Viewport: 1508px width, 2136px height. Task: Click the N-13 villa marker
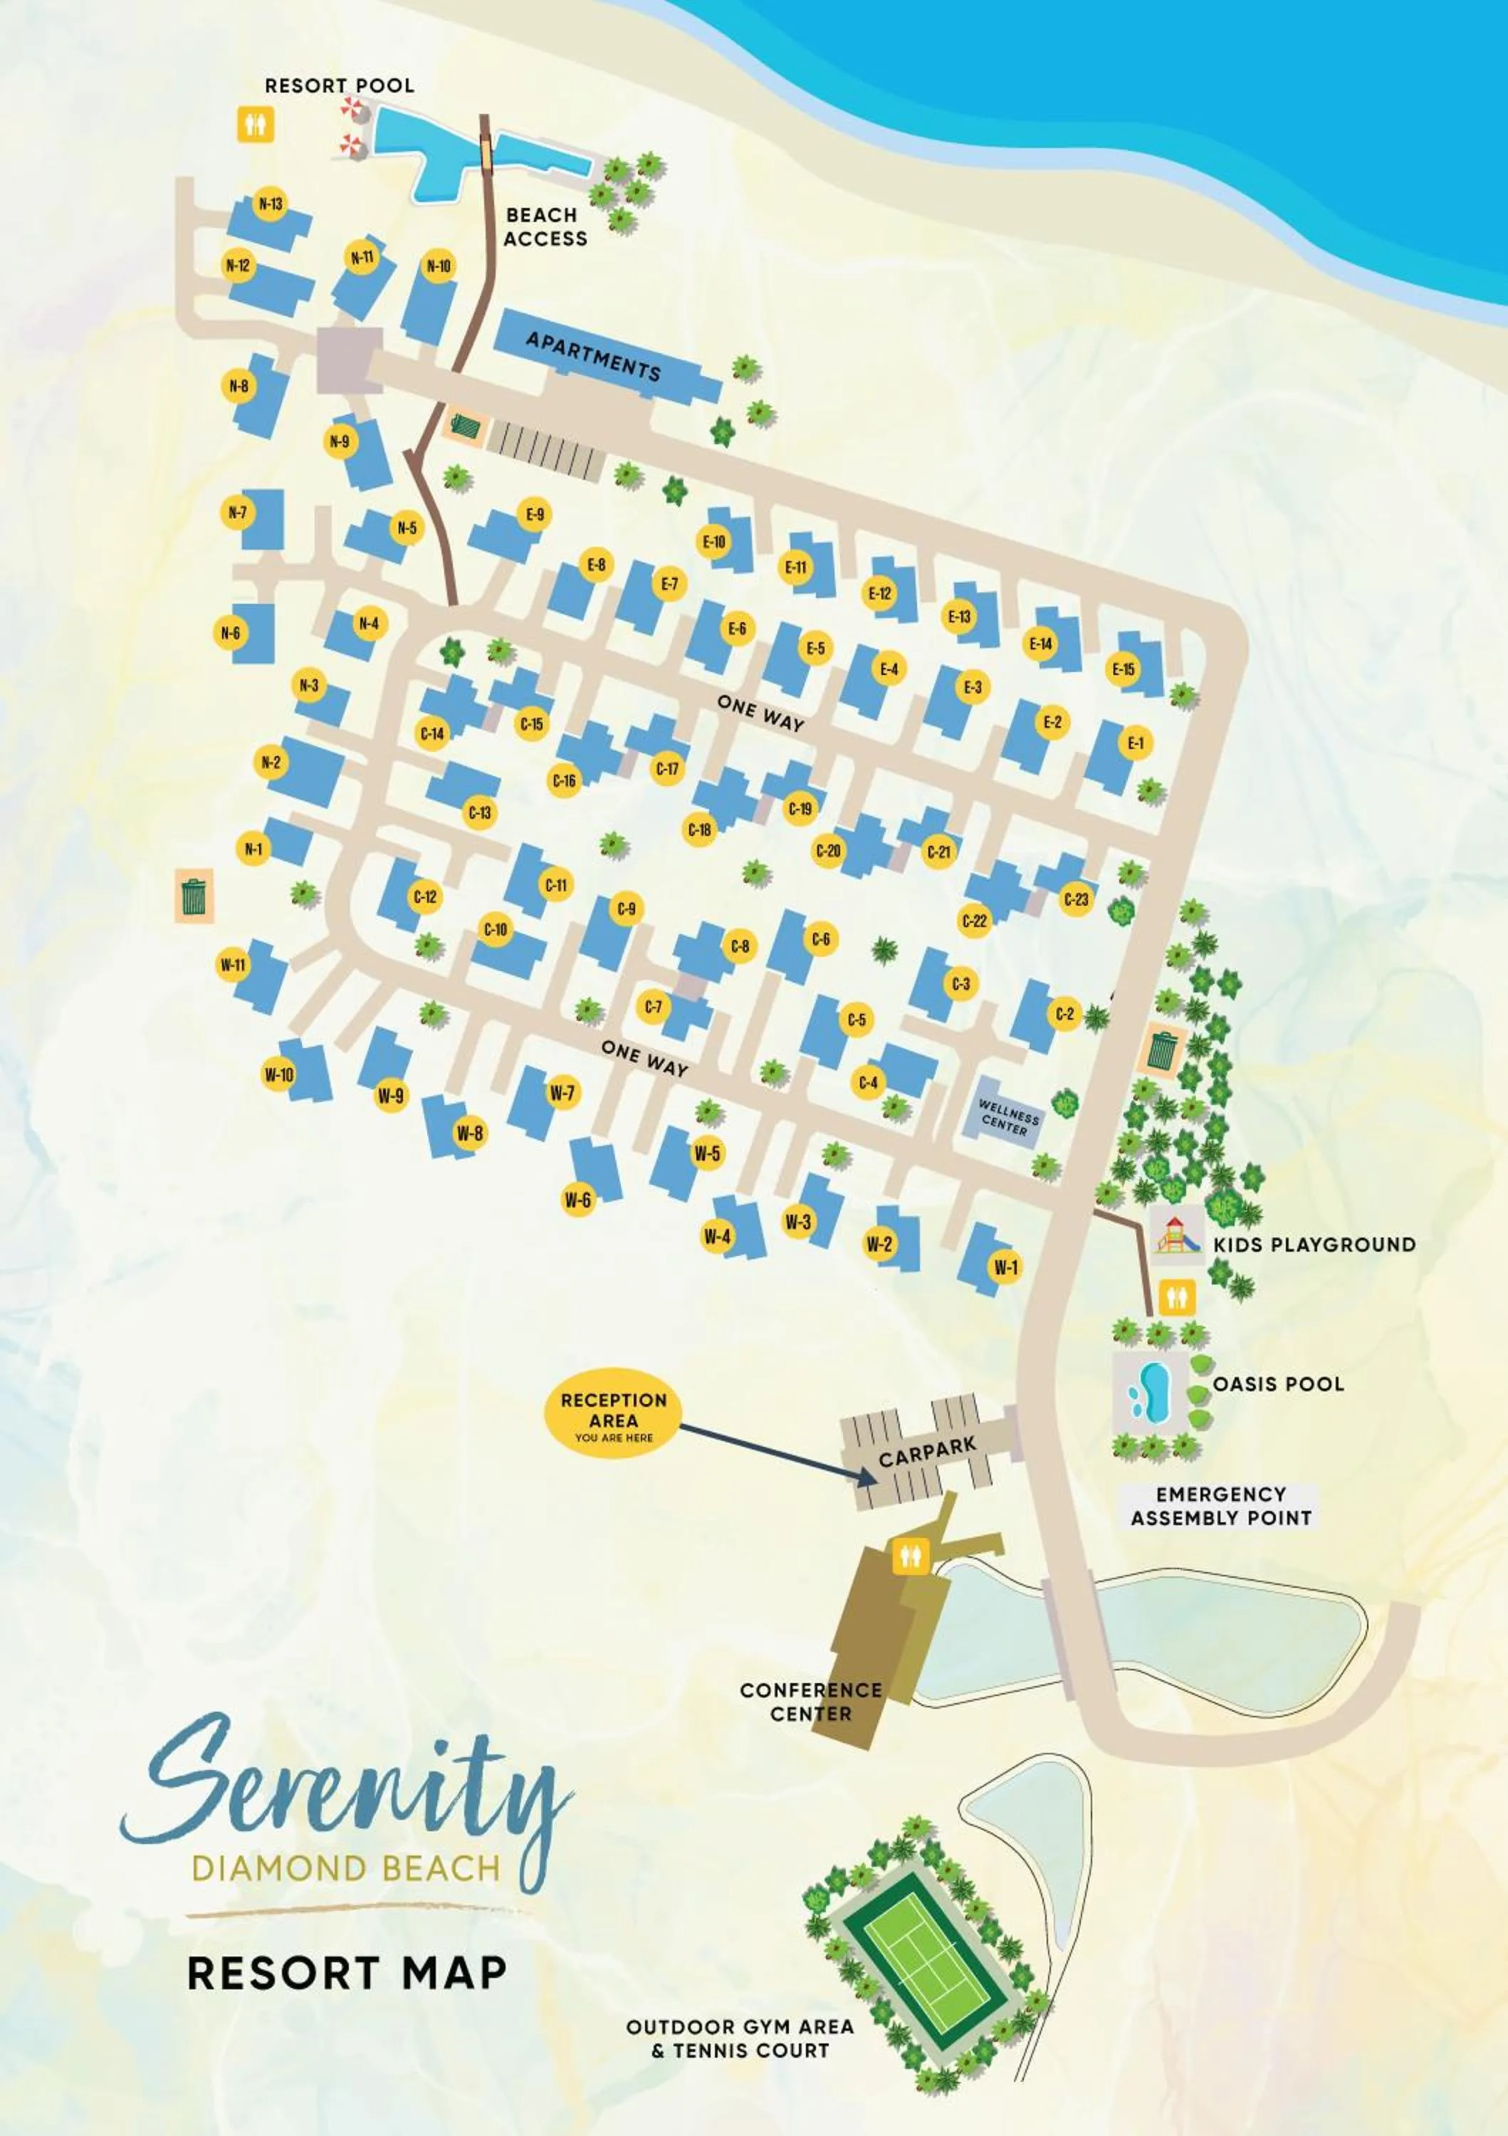271,204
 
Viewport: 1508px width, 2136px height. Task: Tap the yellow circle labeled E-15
1123,669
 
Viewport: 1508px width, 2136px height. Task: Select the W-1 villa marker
1005,1267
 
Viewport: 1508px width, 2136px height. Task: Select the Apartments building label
594,356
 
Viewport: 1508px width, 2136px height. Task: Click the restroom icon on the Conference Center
909,1556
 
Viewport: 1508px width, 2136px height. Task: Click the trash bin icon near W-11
194,897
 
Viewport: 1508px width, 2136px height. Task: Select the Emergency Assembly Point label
1220,1506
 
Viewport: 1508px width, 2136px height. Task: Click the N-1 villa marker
253,849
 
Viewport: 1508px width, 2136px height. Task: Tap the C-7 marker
654,1007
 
